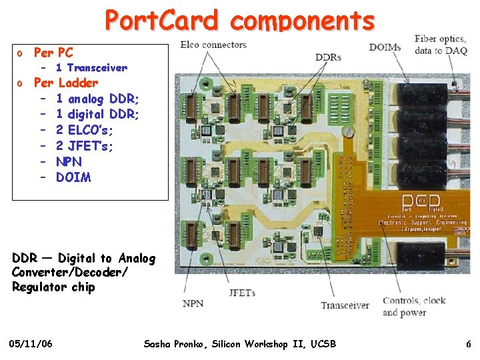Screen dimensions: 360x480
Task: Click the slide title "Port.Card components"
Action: (x=239, y=20)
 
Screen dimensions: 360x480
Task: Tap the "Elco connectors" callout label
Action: (x=213, y=45)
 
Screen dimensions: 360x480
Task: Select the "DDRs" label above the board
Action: (x=328, y=57)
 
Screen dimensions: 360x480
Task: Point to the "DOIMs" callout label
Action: (x=385, y=47)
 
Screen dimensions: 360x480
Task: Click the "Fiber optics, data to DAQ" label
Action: (x=441, y=45)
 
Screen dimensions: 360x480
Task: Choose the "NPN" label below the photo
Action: (x=193, y=303)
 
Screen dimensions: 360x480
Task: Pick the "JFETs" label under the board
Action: (x=242, y=293)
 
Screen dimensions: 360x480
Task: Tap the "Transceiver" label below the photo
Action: (x=345, y=305)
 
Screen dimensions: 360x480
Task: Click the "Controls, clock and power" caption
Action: (x=414, y=306)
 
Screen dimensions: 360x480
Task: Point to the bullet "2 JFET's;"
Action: (x=85, y=146)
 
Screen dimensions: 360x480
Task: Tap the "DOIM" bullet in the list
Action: (x=73, y=177)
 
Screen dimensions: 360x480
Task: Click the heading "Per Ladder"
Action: (x=65, y=83)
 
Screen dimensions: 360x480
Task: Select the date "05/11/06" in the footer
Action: (x=32, y=344)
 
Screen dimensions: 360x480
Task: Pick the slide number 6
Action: (x=469, y=344)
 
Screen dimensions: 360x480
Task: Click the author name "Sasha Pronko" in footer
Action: (x=174, y=344)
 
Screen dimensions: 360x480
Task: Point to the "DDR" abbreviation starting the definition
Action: (x=25, y=258)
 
